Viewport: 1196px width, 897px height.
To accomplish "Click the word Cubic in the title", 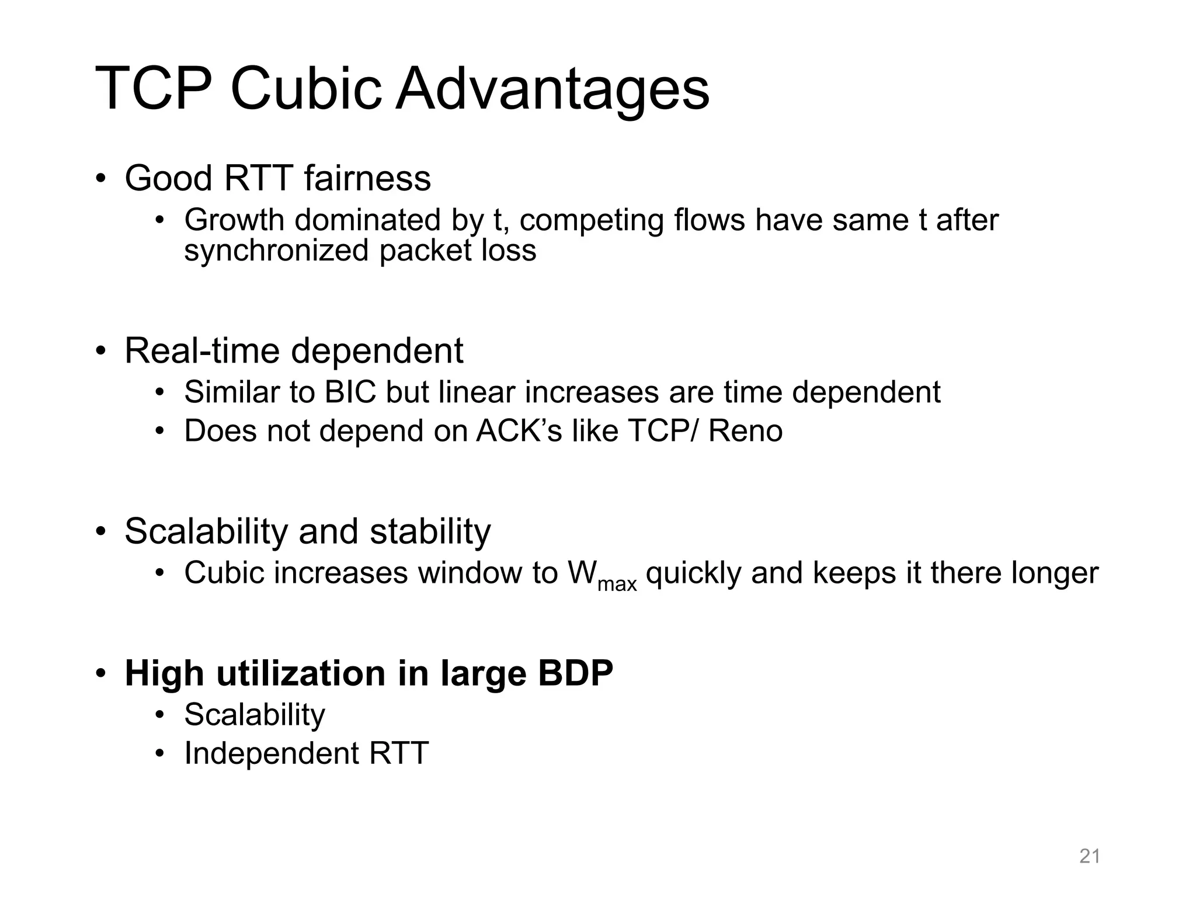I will tap(306, 89).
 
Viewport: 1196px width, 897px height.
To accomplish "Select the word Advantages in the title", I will tap(552, 89).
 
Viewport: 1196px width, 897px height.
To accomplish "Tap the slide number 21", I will tap(1090, 856).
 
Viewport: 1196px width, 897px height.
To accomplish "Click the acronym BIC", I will tap(350, 392).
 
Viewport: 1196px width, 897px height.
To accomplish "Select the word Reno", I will tap(745, 431).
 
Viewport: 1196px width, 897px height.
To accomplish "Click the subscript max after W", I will tap(617, 583).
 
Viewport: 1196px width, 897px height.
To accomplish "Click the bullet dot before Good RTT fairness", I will tap(101, 178).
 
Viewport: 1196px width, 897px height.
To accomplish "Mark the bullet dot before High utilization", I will tap(101, 673).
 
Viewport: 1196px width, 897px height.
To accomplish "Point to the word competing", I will tap(592, 221).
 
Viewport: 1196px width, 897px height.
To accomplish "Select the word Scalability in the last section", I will tap(255, 714).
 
